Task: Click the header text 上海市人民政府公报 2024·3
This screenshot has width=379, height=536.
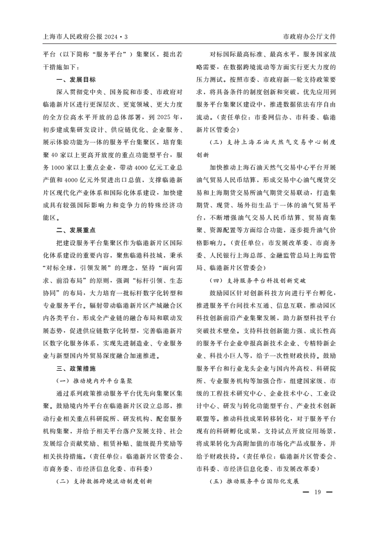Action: pos(86,36)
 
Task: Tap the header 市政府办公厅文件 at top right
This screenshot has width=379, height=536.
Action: pos(310,36)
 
